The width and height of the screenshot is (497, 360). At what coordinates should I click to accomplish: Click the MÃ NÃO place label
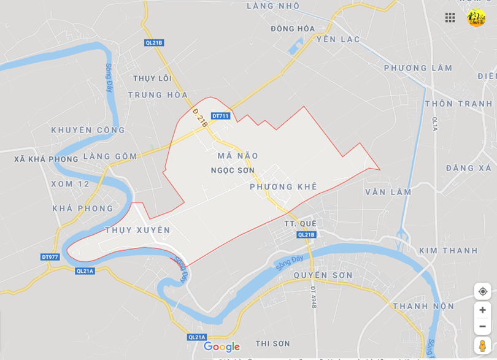(x=238, y=156)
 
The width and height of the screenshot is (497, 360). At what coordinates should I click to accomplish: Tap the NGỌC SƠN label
(x=233, y=170)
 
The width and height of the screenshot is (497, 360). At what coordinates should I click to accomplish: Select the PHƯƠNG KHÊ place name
(x=283, y=186)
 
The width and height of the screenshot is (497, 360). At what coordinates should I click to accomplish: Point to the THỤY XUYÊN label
(x=137, y=230)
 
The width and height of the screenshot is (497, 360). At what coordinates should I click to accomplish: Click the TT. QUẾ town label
(x=300, y=223)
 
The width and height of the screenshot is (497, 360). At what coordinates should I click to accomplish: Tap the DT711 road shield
(x=220, y=116)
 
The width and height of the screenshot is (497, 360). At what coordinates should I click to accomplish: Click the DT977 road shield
(x=50, y=257)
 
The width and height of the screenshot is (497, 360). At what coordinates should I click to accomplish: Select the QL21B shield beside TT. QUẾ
(x=306, y=234)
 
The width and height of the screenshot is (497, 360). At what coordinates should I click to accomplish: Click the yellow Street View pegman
(x=482, y=345)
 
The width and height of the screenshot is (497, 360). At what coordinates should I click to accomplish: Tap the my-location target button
(x=482, y=291)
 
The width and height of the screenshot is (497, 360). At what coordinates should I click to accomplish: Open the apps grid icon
(x=450, y=18)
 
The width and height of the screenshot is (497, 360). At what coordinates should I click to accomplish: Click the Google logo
(x=222, y=347)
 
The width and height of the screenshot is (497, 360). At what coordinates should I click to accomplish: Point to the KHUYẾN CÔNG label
(x=88, y=130)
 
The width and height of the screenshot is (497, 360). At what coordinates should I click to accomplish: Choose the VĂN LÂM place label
(x=388, y=192)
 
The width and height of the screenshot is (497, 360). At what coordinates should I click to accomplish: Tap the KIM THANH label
(x=449, y=250)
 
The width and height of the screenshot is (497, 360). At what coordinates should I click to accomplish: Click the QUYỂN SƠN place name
(x=323, y=275)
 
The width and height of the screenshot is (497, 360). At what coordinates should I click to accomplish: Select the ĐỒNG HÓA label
(x=293, y=29)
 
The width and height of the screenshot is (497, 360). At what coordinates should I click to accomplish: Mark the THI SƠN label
(x=272, y=343)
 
